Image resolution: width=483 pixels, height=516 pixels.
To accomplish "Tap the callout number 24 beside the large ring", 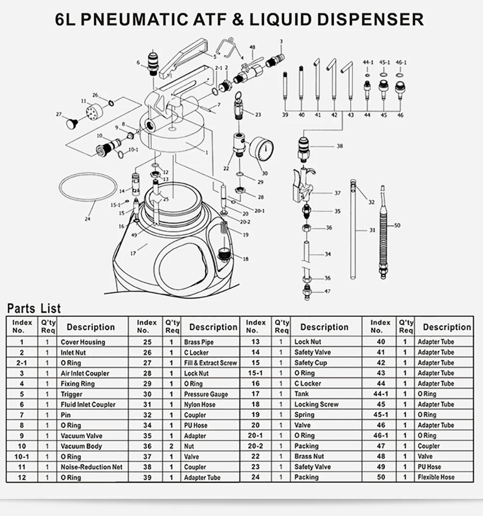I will point(87,219).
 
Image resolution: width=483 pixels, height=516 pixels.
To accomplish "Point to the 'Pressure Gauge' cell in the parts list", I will point(206,394).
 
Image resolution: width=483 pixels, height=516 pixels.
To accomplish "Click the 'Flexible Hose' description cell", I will point(436,477).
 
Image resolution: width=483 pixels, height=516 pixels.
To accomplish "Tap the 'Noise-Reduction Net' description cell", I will point(91,467).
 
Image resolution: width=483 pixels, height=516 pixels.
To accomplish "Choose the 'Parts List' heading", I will point(34,308).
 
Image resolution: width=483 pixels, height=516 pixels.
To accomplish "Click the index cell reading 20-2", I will point(256,446).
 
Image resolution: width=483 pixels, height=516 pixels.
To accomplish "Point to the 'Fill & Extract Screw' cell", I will point(210,363).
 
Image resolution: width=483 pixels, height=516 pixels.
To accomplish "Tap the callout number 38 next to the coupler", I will point(340,146).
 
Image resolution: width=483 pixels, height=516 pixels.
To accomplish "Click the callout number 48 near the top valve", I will point(252,47).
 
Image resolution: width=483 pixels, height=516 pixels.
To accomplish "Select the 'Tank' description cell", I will point(301,394).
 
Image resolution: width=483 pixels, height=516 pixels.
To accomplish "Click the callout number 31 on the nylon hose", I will point(372,230).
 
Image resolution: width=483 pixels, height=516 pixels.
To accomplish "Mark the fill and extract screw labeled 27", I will point(73,123).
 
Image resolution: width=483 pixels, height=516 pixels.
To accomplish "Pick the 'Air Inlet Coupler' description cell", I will point(85,373).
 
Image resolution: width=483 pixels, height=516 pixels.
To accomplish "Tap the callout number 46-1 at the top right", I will point(401,63).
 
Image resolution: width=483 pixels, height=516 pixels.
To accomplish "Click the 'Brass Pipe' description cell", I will point(199,342).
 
